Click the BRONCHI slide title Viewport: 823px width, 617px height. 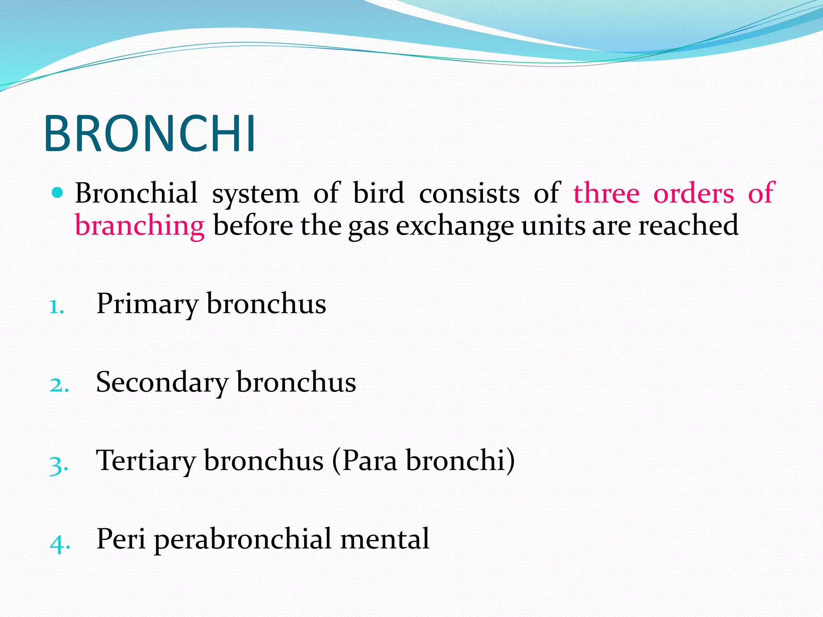(149, 134)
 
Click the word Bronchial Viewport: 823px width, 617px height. (136, 193)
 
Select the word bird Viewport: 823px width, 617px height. (378, 193)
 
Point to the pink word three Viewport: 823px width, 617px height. (606, 193)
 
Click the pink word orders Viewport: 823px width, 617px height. (694, 193)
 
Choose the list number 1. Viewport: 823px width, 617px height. (56, 307)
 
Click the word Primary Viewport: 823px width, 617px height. (147, 304)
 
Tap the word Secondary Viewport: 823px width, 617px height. (162, 382)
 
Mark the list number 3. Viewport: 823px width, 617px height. (58, 465)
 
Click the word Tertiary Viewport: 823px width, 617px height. (145, 461)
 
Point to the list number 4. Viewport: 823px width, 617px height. (59, 543)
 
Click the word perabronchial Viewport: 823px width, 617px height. (243, 539)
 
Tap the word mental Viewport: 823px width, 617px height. (385, 539)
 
